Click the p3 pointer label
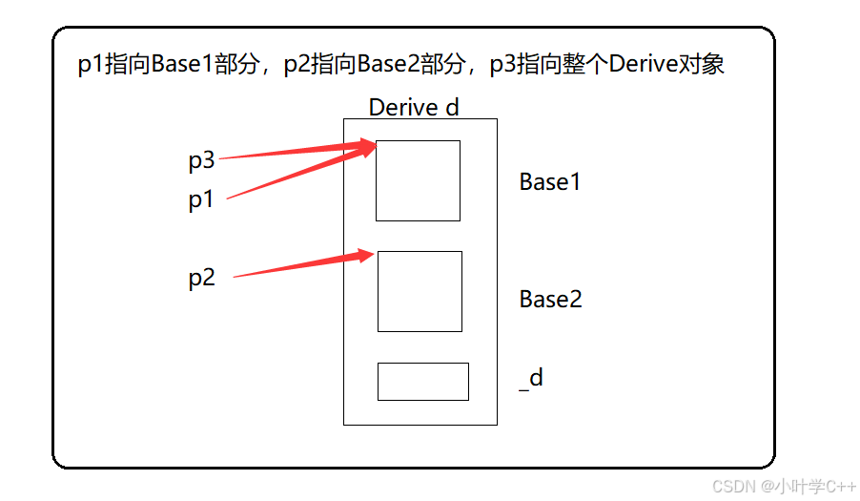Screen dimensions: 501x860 coord(201,161)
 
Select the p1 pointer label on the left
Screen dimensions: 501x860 coord(201,201)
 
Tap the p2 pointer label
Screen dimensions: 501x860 coord(201,278)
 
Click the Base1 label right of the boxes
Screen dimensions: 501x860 coord(550,182)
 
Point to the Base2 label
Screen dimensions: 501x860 coord(550,300)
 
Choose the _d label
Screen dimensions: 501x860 coord(531,379)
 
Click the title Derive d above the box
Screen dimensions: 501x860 coord(414,107)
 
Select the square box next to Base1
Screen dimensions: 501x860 coord(418,180)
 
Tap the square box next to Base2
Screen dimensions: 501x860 coord(420,291)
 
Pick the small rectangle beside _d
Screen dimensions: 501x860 coord(422,382)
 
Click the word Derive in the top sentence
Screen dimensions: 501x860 coord(644,65)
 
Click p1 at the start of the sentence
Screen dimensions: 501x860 coord(91,65)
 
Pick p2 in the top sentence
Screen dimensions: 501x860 coord(297,65)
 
